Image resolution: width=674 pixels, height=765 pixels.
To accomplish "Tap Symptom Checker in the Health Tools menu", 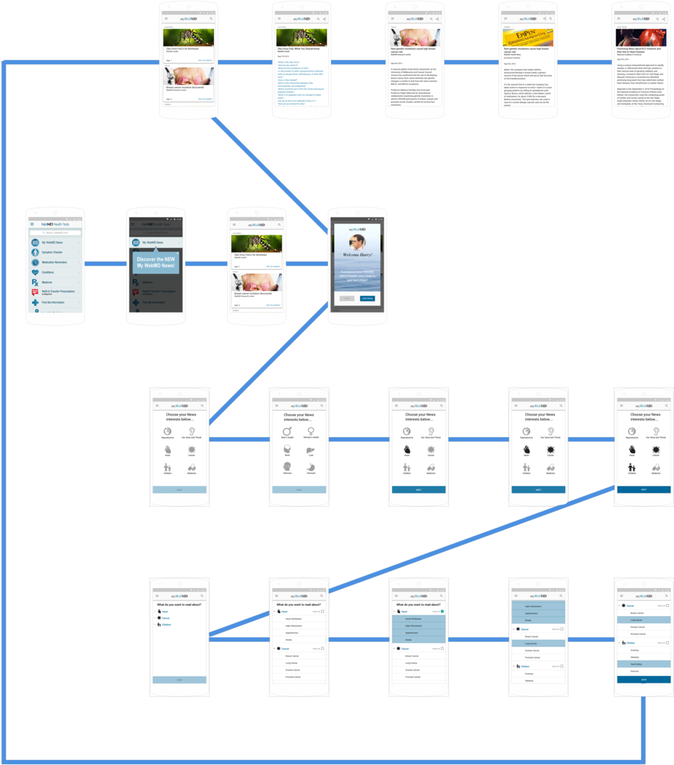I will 52,252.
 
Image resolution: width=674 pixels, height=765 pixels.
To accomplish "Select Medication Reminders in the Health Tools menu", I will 54,262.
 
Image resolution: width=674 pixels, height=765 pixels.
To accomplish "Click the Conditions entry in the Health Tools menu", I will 48,272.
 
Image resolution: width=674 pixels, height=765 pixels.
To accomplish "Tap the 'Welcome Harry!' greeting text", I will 356,255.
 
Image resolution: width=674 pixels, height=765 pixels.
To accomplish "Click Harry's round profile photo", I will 356,242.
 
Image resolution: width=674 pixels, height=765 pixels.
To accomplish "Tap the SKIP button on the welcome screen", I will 347,298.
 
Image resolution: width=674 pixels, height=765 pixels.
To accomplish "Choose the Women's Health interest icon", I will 311,432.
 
